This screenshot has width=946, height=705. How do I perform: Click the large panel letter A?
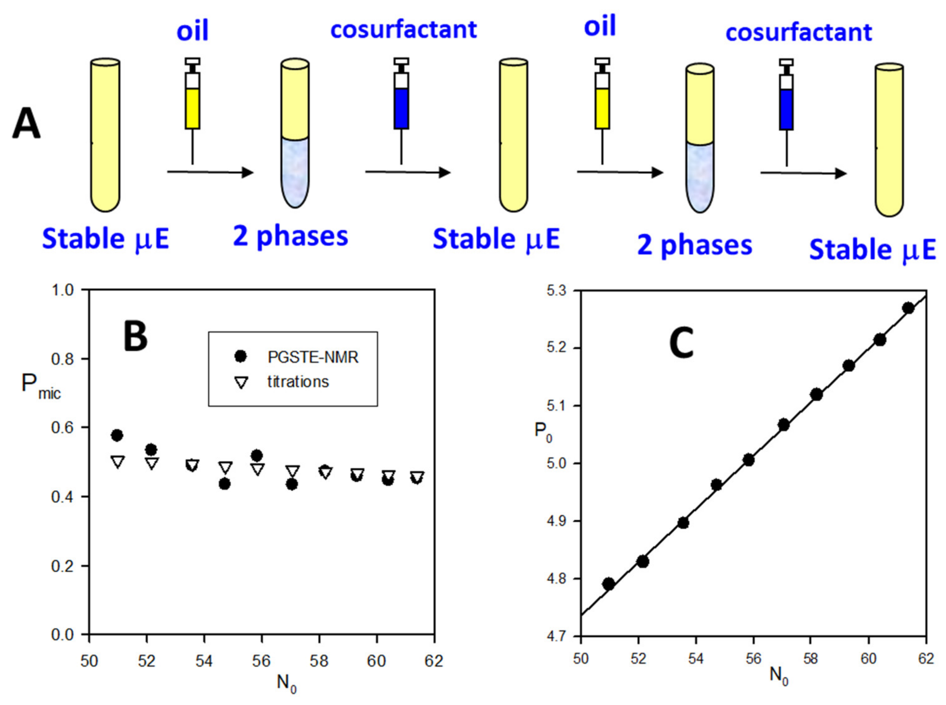(26, 124)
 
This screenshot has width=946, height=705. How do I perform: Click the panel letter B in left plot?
(135, 336)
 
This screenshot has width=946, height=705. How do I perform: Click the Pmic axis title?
(41, 385)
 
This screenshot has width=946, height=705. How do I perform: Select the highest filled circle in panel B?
(117, 435)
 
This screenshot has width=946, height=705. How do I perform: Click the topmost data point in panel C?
(908, 308)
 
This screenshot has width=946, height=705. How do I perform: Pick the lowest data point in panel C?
(609, 584)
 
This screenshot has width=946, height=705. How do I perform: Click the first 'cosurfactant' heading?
(403, 30)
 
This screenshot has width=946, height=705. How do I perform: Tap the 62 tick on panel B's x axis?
(434, 661)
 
